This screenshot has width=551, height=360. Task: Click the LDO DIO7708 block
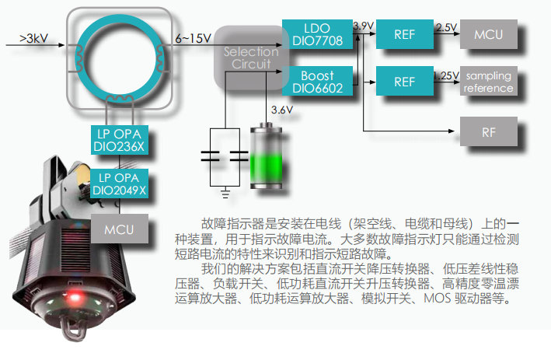coord(318,35)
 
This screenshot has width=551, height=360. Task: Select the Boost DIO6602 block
coord(318,82)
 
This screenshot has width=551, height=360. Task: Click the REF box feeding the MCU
coord(404,35)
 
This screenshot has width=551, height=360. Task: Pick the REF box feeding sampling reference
coord(404,82)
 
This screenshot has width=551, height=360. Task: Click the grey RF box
coord(488,131)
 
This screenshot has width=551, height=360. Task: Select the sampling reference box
coord(488,82)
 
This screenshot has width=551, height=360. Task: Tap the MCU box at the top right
coord(488,35)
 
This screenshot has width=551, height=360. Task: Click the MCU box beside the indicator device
coord(120,230)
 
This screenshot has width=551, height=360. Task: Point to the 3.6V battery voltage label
coord(281,110)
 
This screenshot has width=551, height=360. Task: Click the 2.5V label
coord(447,27)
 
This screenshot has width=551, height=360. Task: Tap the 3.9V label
coord(363,26)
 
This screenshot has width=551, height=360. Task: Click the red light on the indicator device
coord(77,298)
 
